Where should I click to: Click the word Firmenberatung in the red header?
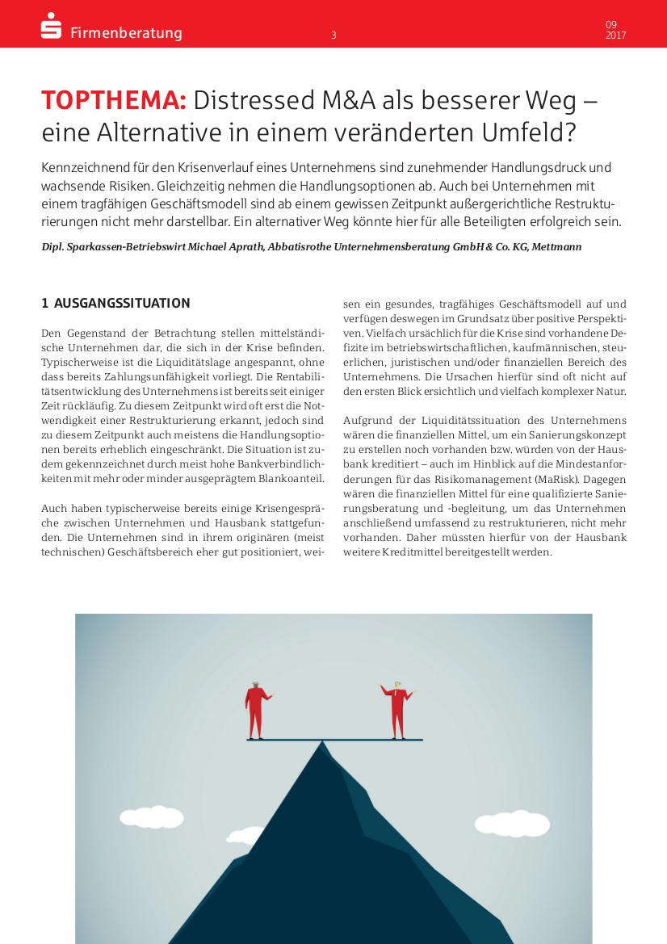(126, 33)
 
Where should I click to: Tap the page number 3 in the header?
(333, 35)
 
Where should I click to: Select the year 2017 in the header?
(615, 36)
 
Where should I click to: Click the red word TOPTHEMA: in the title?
(114, 101)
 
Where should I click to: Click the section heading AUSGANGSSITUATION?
(122, 304)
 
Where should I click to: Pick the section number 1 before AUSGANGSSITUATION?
(45, 304)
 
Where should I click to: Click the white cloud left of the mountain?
(152, 817)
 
